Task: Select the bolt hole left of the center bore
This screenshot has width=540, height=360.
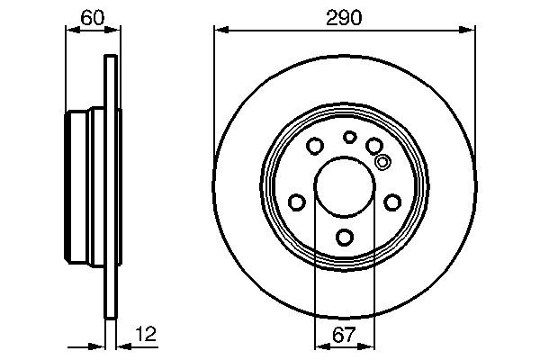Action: point(296,202)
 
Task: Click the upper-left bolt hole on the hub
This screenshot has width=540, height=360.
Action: point(315,145)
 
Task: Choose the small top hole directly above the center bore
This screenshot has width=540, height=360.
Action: point(349,137)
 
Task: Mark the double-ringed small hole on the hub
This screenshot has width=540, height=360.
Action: point(382,163)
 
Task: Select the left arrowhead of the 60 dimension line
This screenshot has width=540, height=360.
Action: point(73,30)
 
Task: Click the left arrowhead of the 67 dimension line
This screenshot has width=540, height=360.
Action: point(319,346)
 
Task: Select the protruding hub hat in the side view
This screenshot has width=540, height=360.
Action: point(85,186)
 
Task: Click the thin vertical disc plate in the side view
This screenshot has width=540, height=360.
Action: point(112,186)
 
